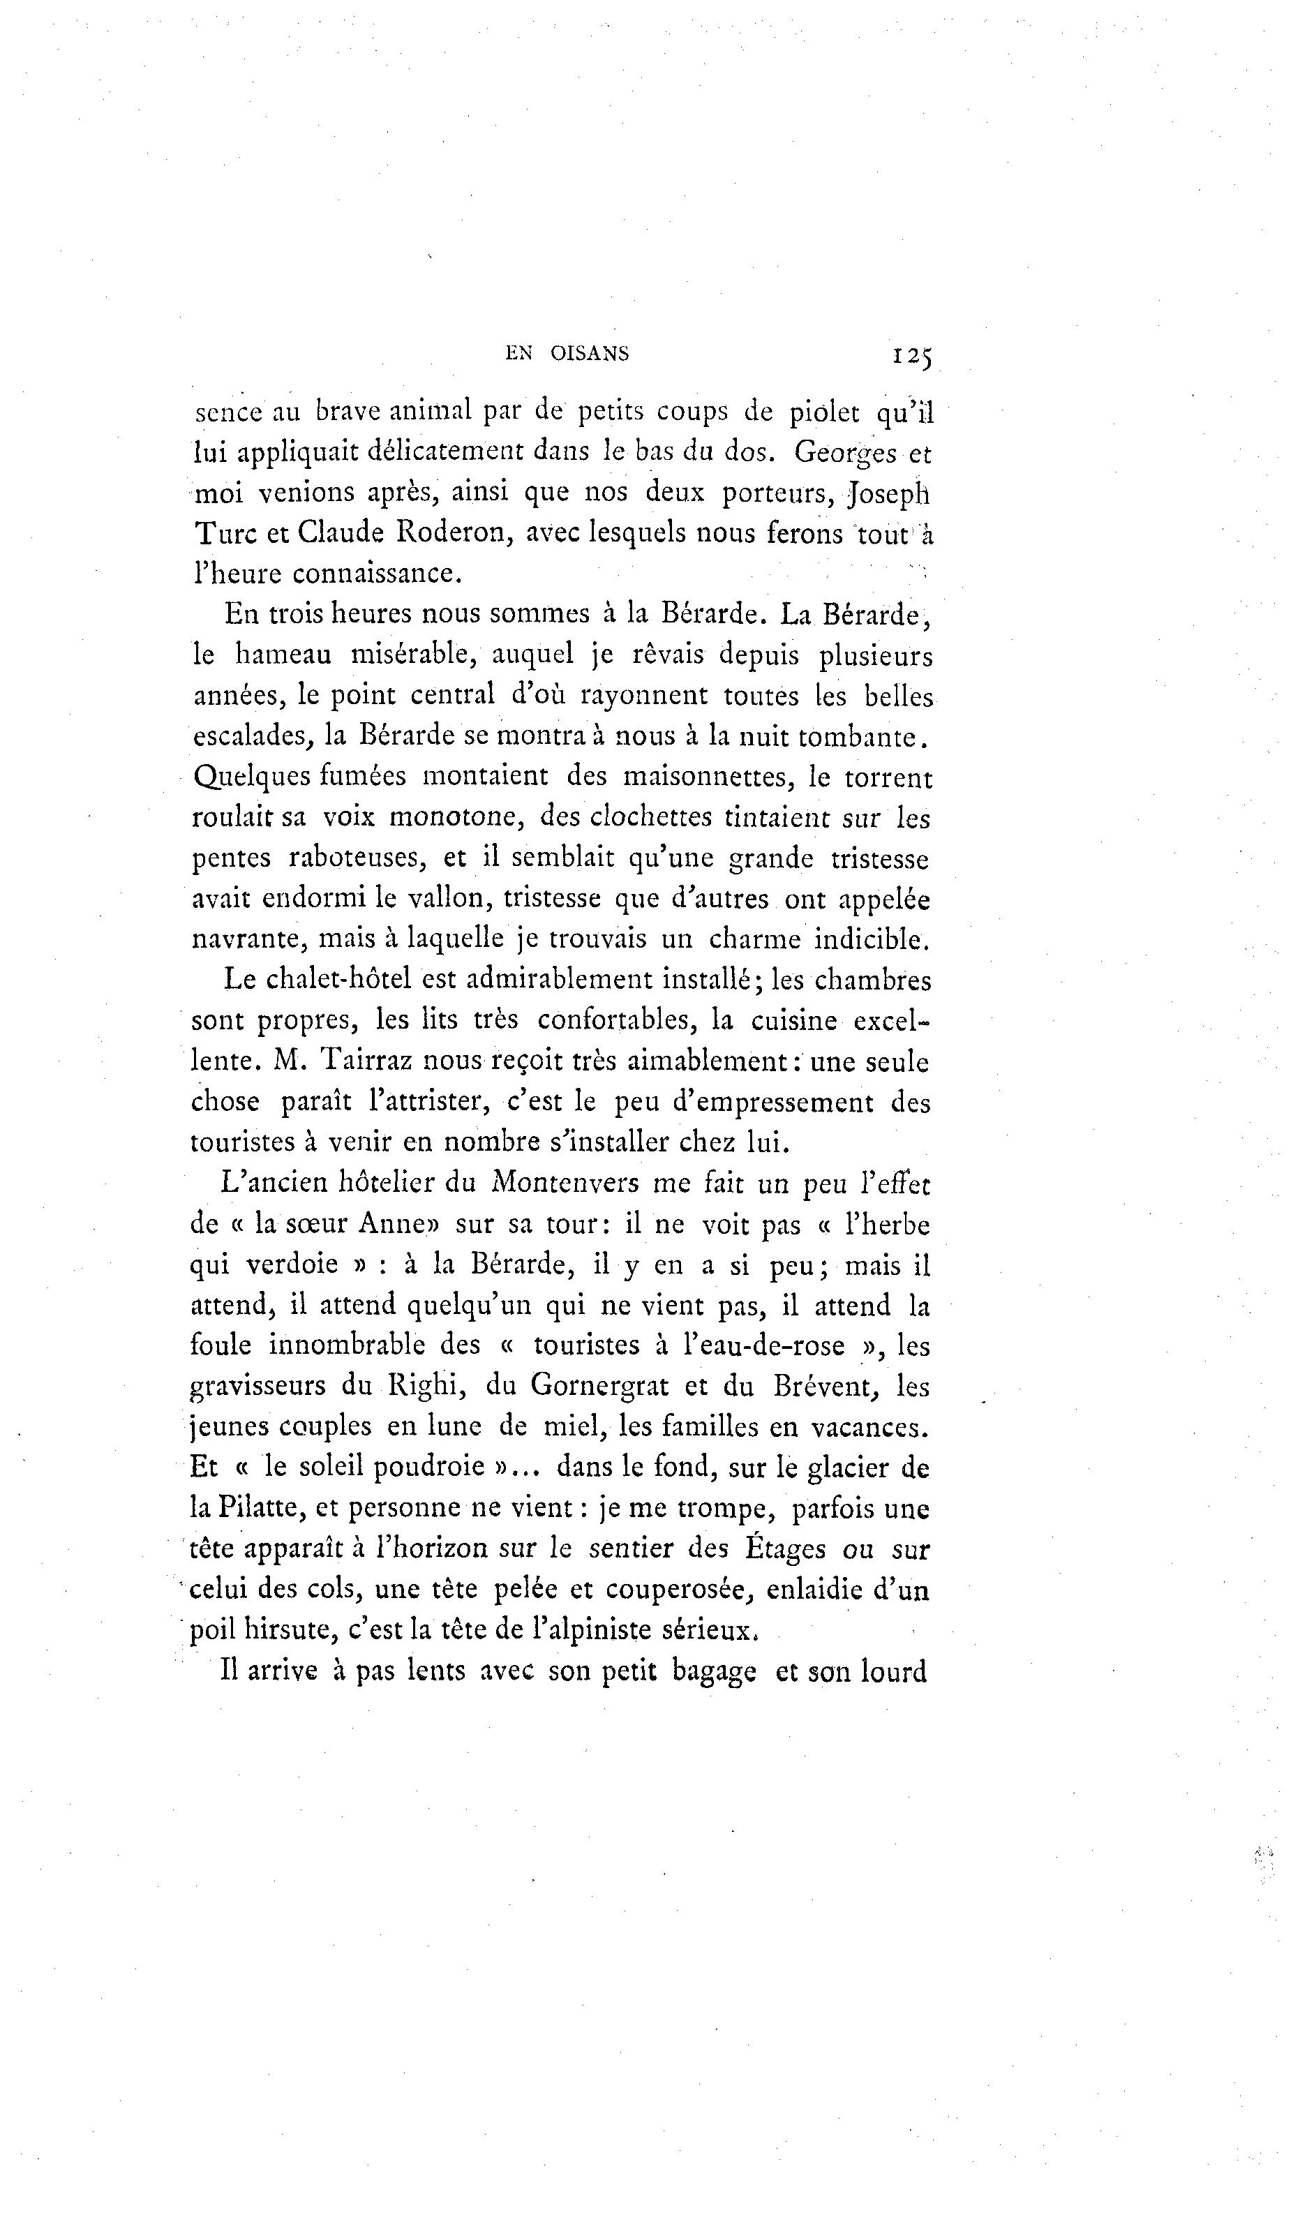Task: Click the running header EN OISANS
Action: point(567,354)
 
